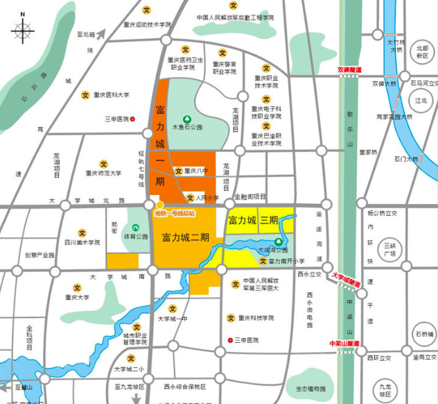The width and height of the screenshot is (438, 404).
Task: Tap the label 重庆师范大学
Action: (103, 174)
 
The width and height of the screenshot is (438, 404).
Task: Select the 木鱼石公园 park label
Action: (186, 128)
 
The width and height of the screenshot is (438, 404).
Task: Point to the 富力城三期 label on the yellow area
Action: (253, 221)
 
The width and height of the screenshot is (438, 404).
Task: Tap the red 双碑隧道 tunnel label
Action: (351, 70)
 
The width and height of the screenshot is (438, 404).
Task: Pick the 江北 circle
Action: (421, 101)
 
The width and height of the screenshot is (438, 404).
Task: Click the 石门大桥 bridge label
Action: (406, 159)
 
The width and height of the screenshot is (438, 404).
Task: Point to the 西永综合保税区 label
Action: (186, 386)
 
